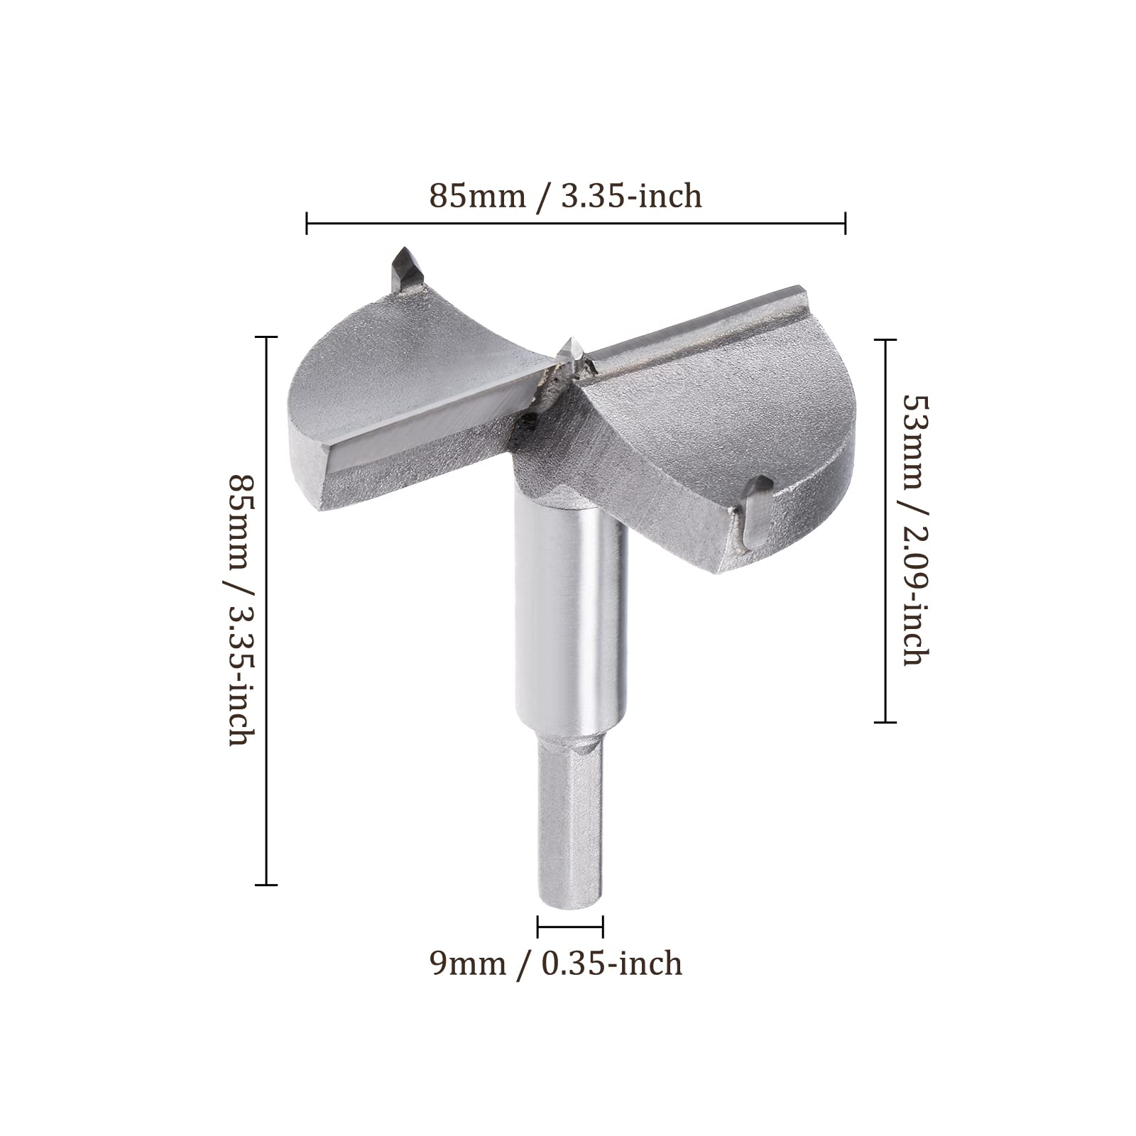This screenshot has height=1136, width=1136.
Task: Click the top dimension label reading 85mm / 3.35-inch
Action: point(565,195)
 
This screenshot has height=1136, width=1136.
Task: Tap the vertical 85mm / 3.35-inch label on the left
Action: point(239,610)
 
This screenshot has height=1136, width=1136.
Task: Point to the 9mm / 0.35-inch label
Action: point(557,963)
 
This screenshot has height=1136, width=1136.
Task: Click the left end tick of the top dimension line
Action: point(307,222)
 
